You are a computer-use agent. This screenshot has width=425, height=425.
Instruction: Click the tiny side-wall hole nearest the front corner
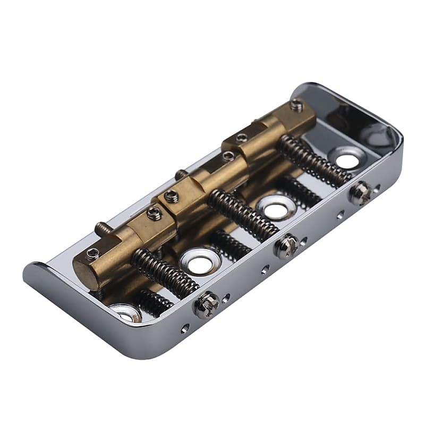pyautogui.click(x=184, y=328)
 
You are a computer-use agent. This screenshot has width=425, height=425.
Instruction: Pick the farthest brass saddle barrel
pyautogui.click(x=271, y=131)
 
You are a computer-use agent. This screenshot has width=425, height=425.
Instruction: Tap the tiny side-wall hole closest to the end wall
pyautogui.click(x=377, y=187)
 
